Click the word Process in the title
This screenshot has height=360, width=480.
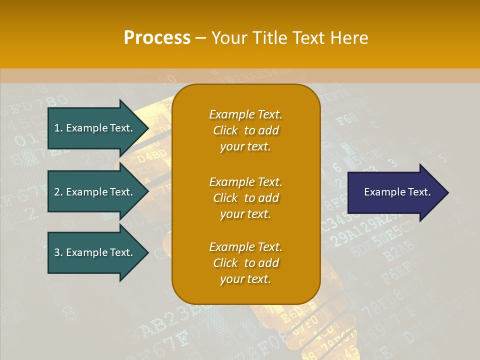(x=157, y=37)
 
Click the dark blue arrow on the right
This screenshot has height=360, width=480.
(x=395, y=192)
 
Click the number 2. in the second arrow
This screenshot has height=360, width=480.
(x=58, y=192)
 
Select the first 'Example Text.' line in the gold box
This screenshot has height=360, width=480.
(x=245, y=114)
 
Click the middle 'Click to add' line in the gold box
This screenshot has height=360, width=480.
(x=245, y=198)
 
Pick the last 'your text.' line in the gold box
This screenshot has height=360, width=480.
(x=245, y=279)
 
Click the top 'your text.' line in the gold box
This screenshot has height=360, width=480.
(x=245, y=146)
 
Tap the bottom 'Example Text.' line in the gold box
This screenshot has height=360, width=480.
(x=245, y=247)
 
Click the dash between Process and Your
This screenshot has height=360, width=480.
(x=201, y=38)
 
